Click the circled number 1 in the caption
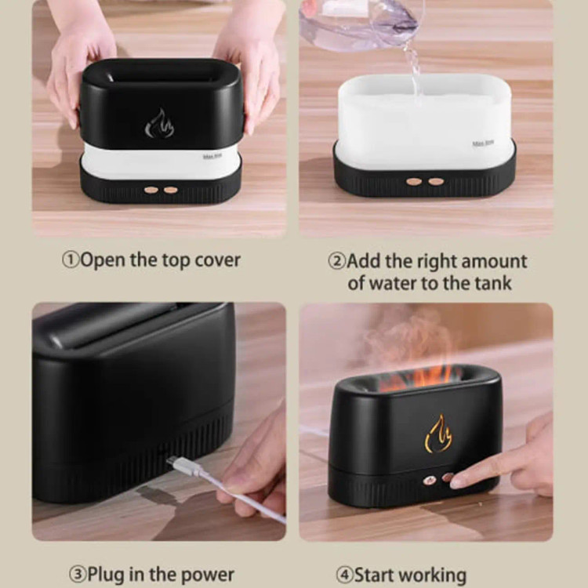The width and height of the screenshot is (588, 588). click(x=71, y=260)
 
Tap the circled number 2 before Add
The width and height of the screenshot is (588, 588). click(x=337, y=261)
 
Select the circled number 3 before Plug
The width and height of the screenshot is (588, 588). click(x=78, y=574)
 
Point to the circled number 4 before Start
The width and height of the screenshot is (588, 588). click(x=344, y=575)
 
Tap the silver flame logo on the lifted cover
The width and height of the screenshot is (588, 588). click(x=159, y=123)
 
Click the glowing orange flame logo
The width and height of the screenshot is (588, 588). click(x=438, y=434)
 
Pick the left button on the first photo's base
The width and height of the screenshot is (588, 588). click(x=151, y=190)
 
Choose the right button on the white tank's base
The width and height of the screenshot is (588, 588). click(x=436, y=182)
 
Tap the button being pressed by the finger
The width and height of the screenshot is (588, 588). click(x=447, y=477)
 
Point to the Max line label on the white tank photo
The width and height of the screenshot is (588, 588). click(x=483, y=143)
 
